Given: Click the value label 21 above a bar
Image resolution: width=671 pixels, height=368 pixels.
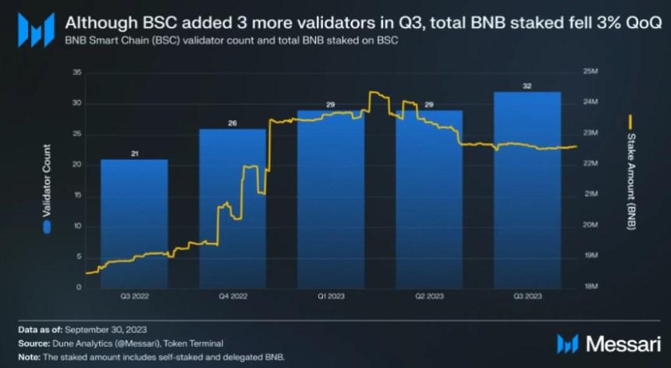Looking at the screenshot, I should (x=134, y=154).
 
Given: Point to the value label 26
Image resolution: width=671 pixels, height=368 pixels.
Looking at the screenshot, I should (x=233, y=123).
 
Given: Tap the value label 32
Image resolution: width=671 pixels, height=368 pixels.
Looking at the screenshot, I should (x=527, y=86).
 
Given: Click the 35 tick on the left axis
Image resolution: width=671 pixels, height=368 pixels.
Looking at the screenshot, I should (x=76, y=73).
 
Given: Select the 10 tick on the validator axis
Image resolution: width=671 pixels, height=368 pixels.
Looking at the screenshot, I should (x=76, y=227).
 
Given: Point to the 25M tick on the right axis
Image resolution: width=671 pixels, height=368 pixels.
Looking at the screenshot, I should (x=591, y=73).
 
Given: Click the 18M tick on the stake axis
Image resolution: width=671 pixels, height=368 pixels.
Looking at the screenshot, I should (x=591, y=288).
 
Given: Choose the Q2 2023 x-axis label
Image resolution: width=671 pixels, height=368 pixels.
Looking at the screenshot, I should (x=428, y=297).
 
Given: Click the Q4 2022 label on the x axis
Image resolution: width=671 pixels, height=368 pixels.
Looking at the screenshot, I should (x=233, y=297).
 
